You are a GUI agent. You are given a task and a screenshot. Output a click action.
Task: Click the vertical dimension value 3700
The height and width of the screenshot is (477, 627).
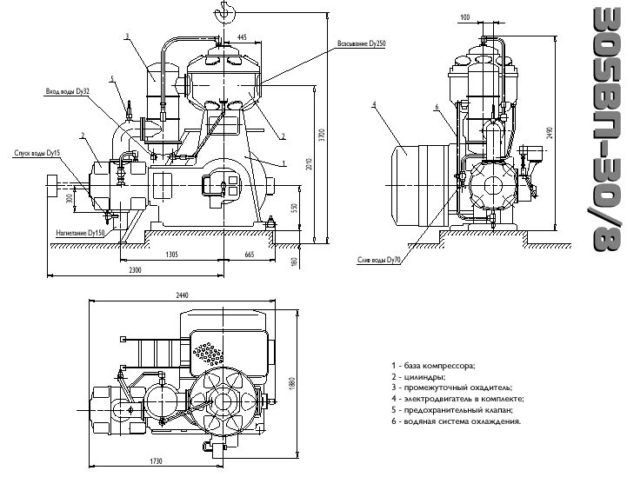click(x=322, y=136)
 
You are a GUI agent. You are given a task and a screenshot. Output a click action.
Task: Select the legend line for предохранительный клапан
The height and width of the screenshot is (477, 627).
click(x=452, y=409)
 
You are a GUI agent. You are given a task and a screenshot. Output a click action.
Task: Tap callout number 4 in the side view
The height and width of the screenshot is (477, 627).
click(x=373, y=105)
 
